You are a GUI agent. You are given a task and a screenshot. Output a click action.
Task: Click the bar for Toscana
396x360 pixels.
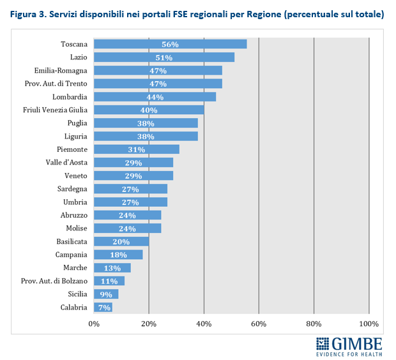pyautogui.click(x=170, y=44)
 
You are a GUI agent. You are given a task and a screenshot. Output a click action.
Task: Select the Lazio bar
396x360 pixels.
pyautogui.click(x=164, y=57)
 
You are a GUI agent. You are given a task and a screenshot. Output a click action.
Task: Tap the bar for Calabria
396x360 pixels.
pyautogui.click(x=103, y=307)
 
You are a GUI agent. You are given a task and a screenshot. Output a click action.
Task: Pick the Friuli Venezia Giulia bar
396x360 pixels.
pyautogui.click(x=149, y=110)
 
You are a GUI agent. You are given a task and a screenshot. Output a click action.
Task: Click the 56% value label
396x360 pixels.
pyautogui.click(x=170, y=44)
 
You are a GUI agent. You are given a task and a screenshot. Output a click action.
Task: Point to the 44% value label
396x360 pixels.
pyautogui.click(x=155, y=97)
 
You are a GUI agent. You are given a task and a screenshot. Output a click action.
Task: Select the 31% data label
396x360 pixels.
pyautogui.click(x=137, y=149)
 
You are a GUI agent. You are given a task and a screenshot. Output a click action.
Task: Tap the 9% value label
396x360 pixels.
pyautogui.click(x=105, y=294)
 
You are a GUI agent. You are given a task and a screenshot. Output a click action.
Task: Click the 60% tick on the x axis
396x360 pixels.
pyautogui.click(x=259, y=324)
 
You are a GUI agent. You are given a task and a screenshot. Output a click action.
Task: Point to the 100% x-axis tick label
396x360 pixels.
pyautogui.click(x=369, y=324)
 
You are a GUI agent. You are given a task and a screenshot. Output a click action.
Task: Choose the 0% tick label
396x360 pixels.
pyautogui.click(x=94, y=324)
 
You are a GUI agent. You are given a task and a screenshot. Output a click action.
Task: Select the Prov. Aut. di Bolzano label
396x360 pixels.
pyautogui.click(x=54, y=281)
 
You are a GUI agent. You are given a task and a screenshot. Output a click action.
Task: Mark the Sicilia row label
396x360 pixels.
pyautogui.click(x=77, y=294)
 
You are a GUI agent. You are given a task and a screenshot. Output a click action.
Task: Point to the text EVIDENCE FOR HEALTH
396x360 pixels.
pyautogui.click(x=350, y=353)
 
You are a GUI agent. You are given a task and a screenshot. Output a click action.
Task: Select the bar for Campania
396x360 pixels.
pyautogui.click(x=118, y=255)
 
